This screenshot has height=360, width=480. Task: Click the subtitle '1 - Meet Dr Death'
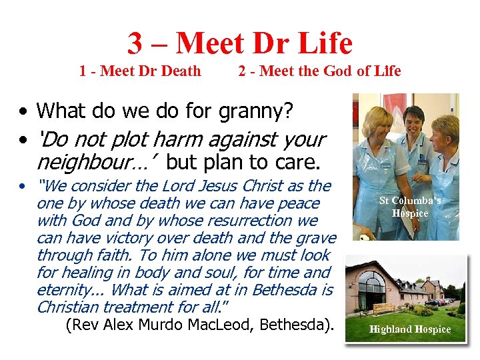(140, 71)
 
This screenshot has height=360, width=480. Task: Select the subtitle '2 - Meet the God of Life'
(319, 71)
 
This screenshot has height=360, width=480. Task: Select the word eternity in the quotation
(64, 289)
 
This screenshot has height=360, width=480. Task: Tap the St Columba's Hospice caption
(410, 207)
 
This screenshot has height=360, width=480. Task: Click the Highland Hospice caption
(410, 329)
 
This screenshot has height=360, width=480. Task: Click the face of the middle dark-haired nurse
(413, 113)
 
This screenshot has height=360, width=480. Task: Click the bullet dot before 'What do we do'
(23, 111)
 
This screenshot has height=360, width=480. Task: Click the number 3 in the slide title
(135, 43)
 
